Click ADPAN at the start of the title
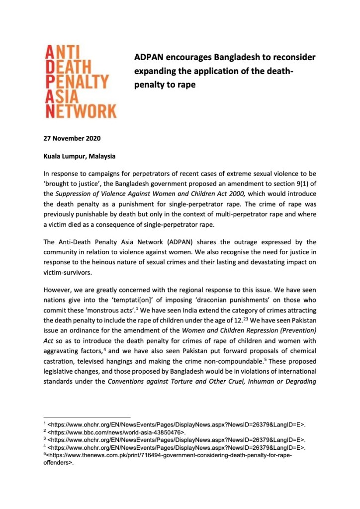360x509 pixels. tap(151, 57)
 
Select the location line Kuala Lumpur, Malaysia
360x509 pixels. tap(80, 156)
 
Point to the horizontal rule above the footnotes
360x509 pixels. tap(87, 416)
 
